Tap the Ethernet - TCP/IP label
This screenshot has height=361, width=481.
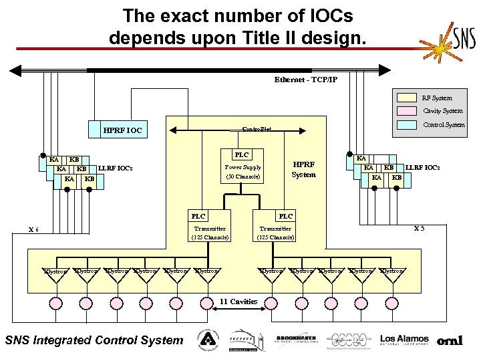(305, 80)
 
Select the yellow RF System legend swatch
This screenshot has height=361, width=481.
(407, 98)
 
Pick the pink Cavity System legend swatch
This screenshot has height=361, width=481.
(407, 111)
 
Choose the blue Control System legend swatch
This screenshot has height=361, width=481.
(407, 124)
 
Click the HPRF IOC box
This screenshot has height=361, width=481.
(123, 130)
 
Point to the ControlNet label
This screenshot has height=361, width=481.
(257, 128)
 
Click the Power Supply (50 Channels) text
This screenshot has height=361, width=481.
(243, 172)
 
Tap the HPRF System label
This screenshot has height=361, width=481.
(304, 169)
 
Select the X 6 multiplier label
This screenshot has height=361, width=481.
(33, 230)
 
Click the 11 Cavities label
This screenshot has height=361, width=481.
(238, 302)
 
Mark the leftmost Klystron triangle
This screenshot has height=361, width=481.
(55, 275)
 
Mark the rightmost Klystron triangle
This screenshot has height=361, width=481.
(391, 275)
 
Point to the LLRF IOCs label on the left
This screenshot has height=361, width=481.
(116, 168)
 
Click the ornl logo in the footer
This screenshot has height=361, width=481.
(450, 340)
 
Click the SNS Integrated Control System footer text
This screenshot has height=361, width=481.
(94, 340)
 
